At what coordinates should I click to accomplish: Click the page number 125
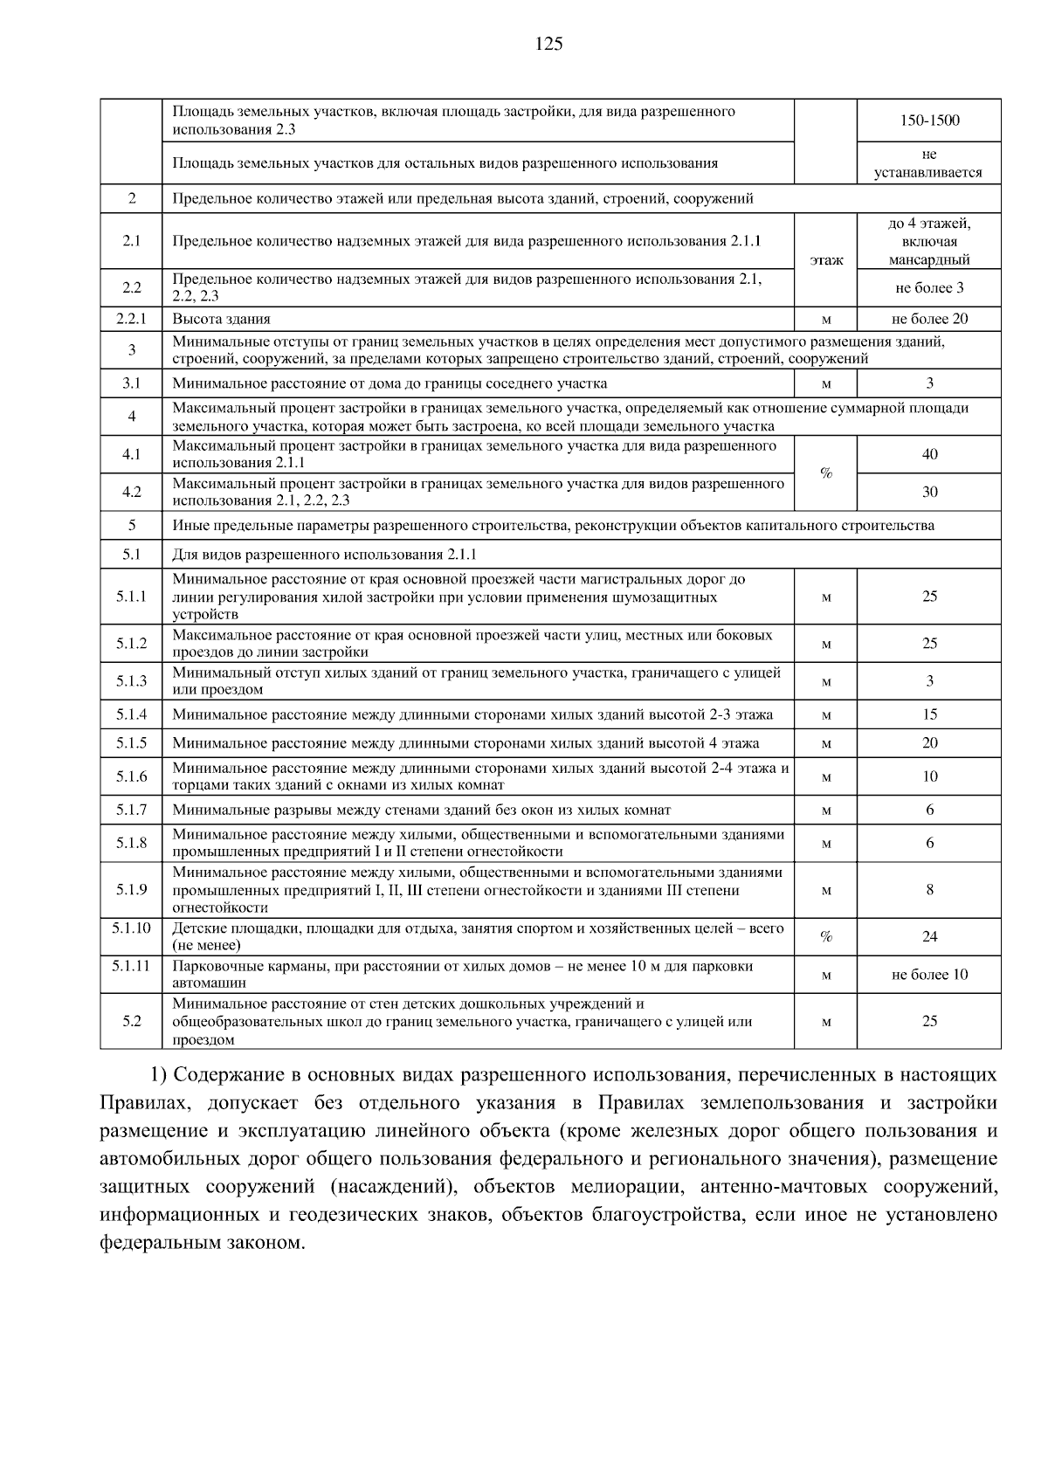coord(549,44)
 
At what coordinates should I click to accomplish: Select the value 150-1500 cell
coord(929,121)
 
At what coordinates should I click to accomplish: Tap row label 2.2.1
coord(132,319)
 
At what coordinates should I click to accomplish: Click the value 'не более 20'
coord(929,319)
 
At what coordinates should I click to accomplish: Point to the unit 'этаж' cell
coord(826,259)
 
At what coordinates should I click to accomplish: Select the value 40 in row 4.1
coord(929,454)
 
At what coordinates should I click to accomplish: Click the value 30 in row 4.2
coord(929,492)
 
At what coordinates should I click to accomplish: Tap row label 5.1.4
coord(132,714)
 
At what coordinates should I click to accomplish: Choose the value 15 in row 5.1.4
coord(929,714)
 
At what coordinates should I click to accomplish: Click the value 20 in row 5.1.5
coord(929,743)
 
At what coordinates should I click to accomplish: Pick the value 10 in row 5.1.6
coord(929,776)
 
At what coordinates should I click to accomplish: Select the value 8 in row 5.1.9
coord(929,890)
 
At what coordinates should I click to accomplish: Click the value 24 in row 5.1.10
coord(929,936)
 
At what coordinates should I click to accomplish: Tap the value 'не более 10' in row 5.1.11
coord(929,975)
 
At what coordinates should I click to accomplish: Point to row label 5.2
coord(132,1021)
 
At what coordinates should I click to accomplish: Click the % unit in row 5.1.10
coord(826,936)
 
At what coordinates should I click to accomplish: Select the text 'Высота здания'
coord(221,319)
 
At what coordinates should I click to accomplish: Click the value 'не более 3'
coord(929,287)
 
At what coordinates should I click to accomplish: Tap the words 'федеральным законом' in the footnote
coord(201,1242)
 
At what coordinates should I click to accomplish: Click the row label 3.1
coord(132,383)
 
